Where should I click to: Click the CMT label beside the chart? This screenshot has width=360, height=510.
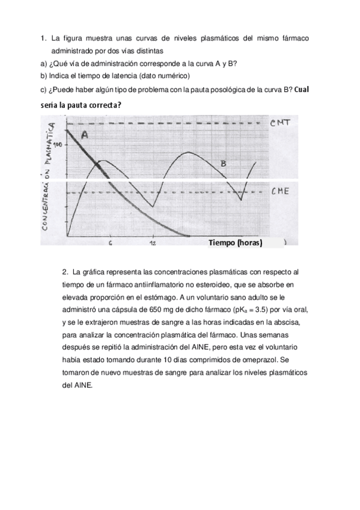tap(281, 124)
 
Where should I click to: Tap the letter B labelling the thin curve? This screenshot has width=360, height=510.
tap(223, 163)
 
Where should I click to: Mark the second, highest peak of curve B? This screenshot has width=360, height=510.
tap(188, 152)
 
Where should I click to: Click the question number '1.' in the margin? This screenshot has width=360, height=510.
tap(43, 39)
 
